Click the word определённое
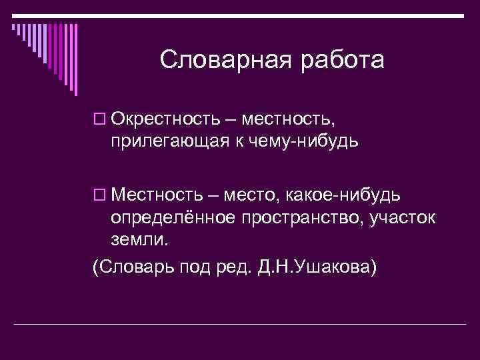coord(176,217)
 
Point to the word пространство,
coord(305,217)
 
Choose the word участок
coord(405,217)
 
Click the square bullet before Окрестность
coord(100,121)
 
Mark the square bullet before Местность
coord(100,195)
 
